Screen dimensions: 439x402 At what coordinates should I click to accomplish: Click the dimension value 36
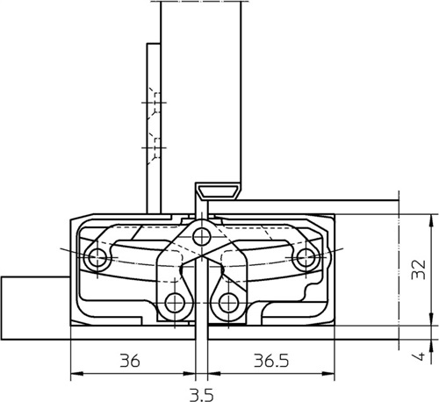[130, 361]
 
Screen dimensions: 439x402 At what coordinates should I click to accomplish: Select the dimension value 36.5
[271, 361]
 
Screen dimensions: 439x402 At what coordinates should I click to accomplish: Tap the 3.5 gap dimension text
[201, 395]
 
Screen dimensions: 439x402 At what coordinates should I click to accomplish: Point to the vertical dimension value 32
[419, 269]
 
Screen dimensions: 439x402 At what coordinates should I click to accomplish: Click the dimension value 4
[419, 356]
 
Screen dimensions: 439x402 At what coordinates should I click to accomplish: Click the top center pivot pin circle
[201, 236]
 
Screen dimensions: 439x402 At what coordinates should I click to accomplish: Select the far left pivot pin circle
[97, 258]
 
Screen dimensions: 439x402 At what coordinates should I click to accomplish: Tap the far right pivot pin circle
[305, 258]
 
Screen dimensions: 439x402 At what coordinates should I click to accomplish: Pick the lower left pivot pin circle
[175, 303]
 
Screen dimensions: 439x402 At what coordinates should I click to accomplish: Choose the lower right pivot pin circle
[228, 303]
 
